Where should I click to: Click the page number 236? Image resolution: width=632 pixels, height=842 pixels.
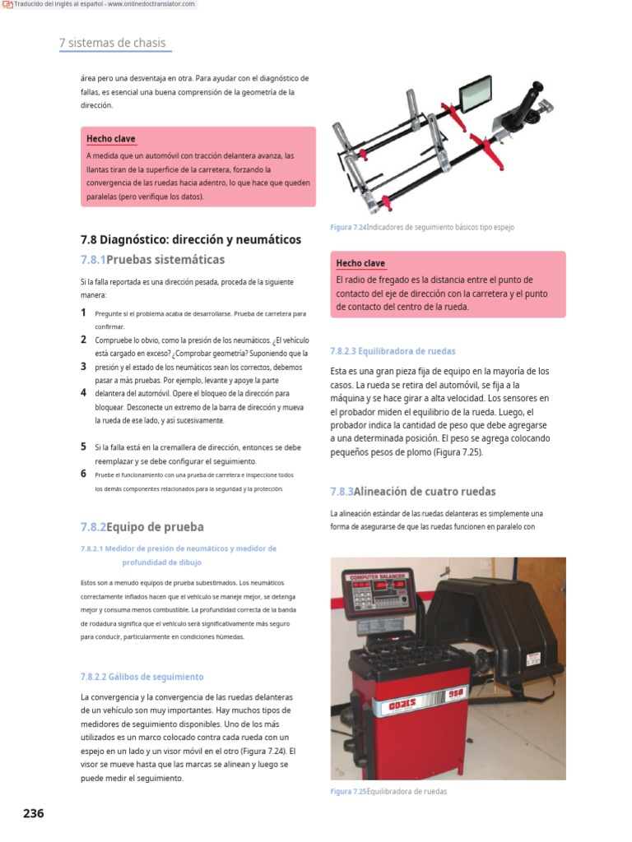(33, 813)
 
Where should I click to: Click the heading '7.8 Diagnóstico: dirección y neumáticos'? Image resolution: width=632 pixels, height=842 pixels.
(191, 239)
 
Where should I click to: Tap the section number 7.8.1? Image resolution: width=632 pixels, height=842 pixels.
(93, 260)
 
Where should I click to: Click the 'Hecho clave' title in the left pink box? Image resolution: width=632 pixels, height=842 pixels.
(111, 139)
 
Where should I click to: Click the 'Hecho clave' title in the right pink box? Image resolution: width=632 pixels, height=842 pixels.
(360, 263)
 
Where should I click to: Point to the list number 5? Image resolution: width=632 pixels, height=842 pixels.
(84, 446)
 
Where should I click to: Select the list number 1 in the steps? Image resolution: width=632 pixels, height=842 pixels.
(84, 312)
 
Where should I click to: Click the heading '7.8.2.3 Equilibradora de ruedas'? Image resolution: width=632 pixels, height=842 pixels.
(392, 350)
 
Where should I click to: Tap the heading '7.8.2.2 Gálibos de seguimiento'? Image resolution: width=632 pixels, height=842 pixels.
(142, 677)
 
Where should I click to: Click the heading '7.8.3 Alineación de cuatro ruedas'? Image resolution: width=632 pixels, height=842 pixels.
(412, 492)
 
